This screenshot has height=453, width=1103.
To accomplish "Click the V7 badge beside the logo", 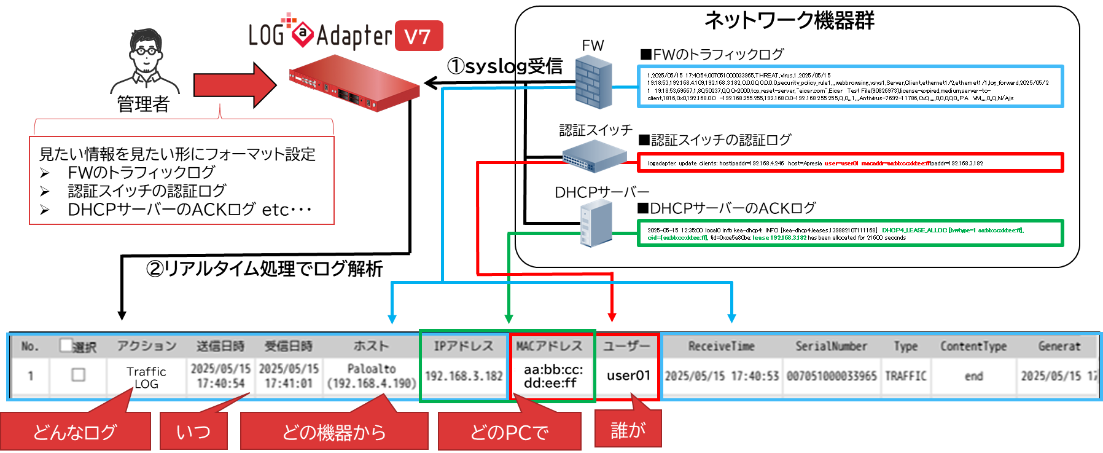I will [418, 36].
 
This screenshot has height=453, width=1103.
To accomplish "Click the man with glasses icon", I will [146, 62].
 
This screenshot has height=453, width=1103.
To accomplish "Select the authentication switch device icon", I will [594, 156].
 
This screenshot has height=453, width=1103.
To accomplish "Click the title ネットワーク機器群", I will [789, 21].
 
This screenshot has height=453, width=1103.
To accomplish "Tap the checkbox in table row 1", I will [78, 374].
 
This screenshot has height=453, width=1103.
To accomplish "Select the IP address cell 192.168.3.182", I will [464, 376].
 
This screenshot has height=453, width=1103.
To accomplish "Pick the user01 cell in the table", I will [628, 376].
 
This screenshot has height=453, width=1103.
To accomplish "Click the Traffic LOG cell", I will [146, 377].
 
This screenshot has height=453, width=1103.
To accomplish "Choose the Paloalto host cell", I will [372, 376].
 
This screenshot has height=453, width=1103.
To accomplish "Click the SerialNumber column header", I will [831, 346].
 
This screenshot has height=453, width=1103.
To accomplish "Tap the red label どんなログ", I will [75, 432].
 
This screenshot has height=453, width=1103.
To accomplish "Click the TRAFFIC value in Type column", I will [905, 376].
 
